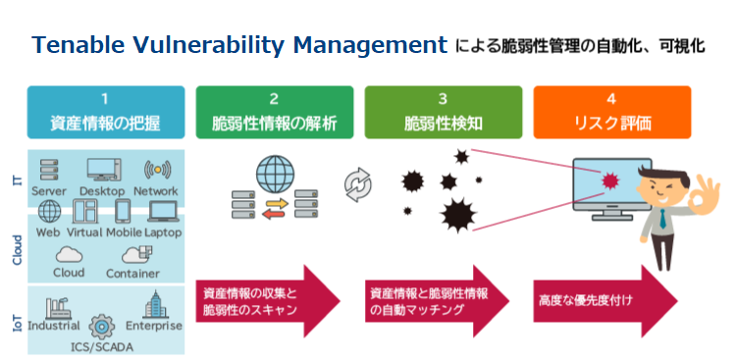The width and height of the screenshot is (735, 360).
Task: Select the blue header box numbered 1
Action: tap(105, 112)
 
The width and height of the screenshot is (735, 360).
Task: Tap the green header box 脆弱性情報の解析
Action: tap(274, 112)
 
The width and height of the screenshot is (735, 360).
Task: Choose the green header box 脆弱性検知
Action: tap(443, 112)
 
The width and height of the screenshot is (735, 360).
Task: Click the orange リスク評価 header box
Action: tap(611, 112)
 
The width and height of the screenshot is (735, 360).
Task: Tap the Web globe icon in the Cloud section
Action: tap(49, 211)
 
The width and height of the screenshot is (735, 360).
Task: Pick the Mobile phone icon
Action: tap(124, 211)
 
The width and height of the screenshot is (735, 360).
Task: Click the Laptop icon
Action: tap(164, 211)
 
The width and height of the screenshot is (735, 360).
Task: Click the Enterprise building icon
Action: tap(157, 305)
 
